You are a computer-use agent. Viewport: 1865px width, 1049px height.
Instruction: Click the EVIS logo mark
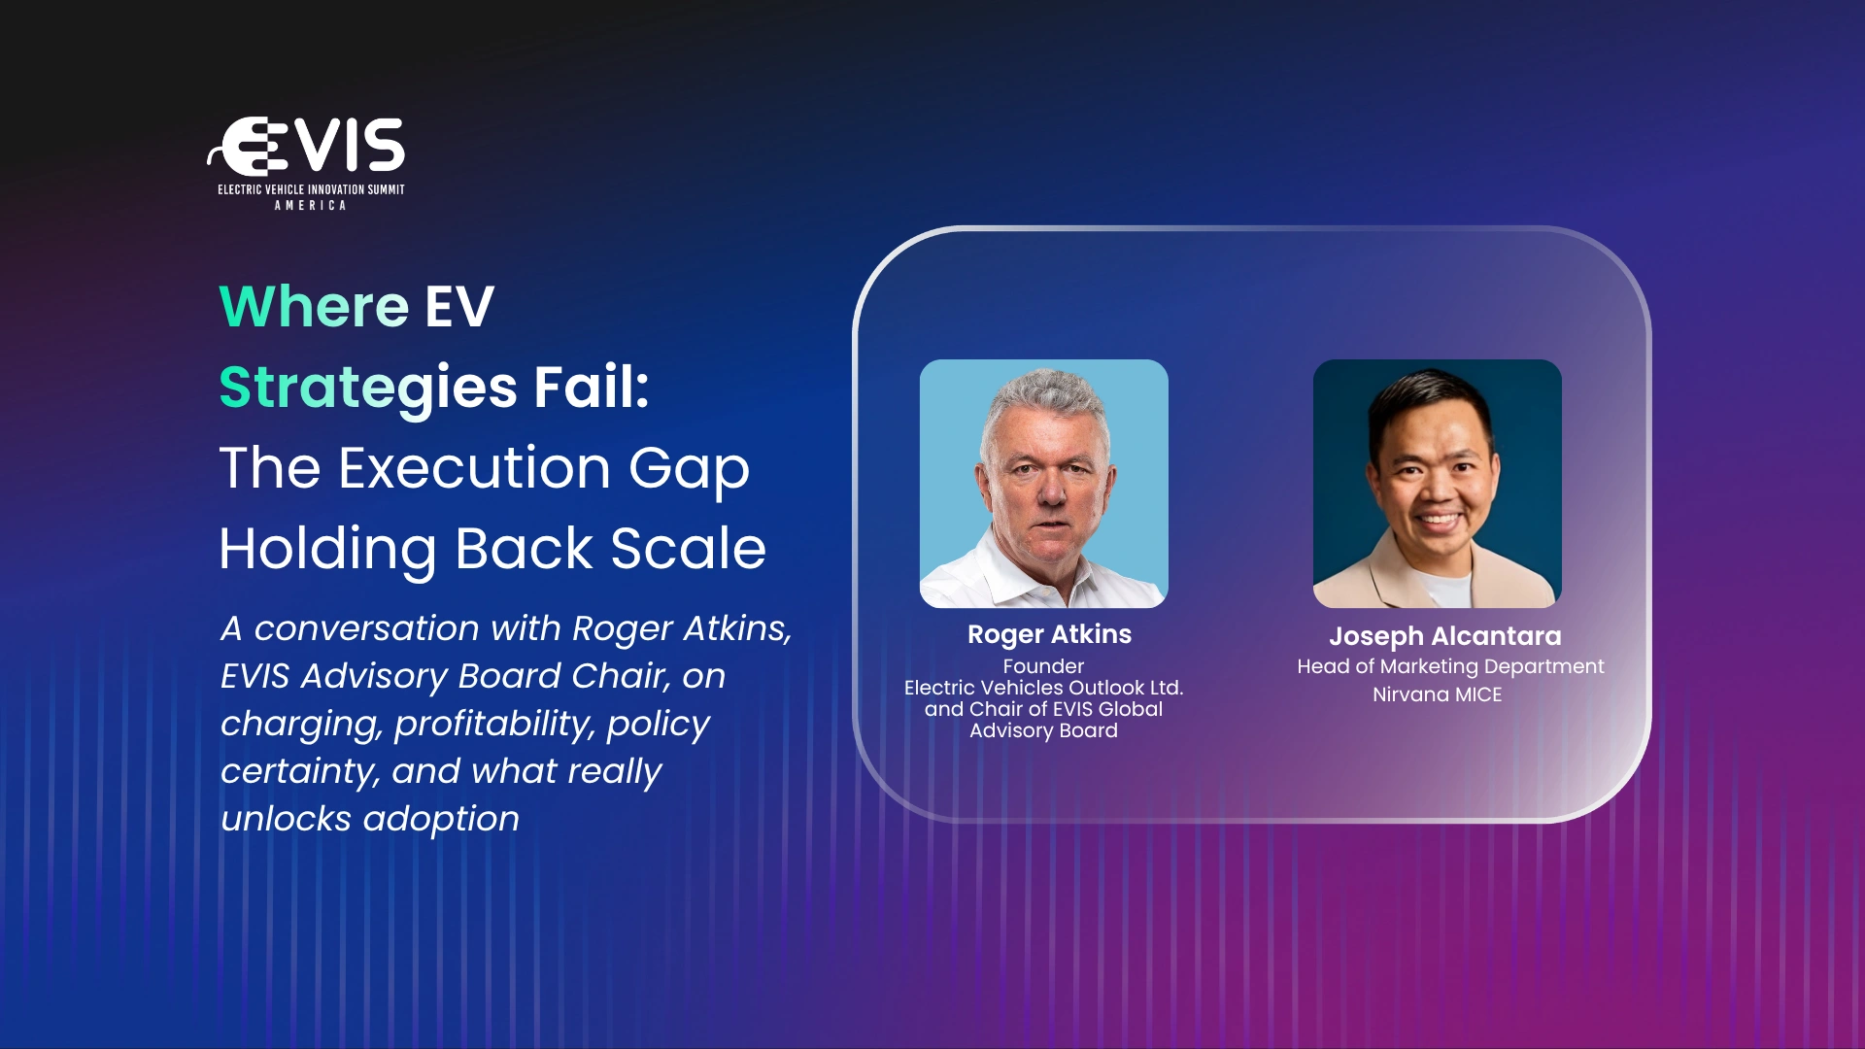coord(306,147)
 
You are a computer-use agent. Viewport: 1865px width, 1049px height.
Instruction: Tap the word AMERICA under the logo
coord(310,206)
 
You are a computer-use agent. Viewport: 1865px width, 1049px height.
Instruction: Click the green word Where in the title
coord(314,307)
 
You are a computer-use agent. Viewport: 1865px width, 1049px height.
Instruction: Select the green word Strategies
coord(368,389)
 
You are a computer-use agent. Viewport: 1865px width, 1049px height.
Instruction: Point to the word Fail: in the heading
coord(592,387)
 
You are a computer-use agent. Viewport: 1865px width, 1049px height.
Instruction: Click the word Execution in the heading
coord(474,468)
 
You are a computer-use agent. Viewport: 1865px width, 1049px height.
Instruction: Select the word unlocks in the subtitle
coord(286,819)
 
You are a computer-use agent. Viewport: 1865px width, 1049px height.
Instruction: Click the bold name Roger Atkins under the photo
coord(1049,634)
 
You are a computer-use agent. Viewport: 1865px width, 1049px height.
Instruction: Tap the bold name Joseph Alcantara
coord(1444,637)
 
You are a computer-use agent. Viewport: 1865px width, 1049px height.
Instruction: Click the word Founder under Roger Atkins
coord(1043,666)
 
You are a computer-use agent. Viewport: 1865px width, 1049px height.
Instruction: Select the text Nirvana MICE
coord(1437,694)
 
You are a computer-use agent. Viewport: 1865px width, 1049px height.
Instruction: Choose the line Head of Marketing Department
coord(1450,667)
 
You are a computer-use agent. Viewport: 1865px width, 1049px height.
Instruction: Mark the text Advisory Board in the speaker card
coord(1043,730)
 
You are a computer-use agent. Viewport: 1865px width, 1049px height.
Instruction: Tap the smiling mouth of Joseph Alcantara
coord(1438,521)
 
